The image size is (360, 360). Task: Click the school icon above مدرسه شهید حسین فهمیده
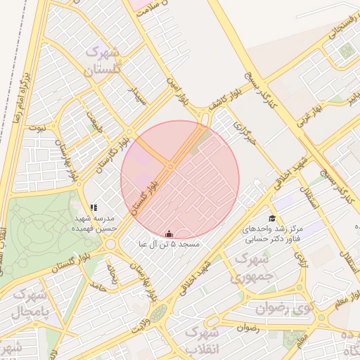pos(94,207)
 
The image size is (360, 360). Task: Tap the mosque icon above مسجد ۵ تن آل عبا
pos(169,233)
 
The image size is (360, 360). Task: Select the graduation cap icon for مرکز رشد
pos(272,219)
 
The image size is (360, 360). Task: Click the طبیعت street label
pos(93,122)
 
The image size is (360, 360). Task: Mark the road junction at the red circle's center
pos(171,167)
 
